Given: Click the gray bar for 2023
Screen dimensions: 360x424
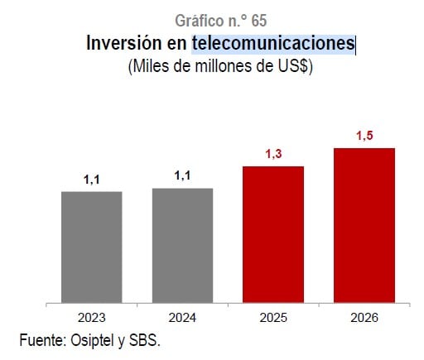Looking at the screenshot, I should click(91, 247).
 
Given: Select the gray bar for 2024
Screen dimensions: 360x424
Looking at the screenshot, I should click(182, 245).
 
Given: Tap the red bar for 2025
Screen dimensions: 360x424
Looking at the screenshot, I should click(272, 234).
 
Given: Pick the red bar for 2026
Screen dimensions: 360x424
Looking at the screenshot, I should click(364, 225).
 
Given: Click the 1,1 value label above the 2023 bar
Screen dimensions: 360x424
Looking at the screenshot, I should click(91, 179).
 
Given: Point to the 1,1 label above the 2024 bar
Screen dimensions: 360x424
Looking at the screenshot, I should click(182, 175).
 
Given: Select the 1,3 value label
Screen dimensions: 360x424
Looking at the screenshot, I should click(272, 154).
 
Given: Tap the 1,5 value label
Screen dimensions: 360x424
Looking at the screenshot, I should click(364, 136).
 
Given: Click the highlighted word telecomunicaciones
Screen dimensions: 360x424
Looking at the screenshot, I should click(272, 43).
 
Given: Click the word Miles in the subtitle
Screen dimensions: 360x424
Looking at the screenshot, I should click(152, 68).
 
